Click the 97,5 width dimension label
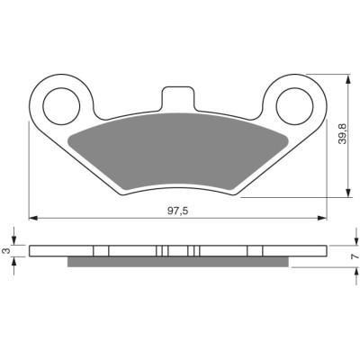177,211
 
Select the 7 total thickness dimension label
355,256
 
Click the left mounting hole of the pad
61,106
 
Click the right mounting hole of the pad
294,106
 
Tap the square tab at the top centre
178,97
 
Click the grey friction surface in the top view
177,152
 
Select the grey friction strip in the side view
178,263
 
